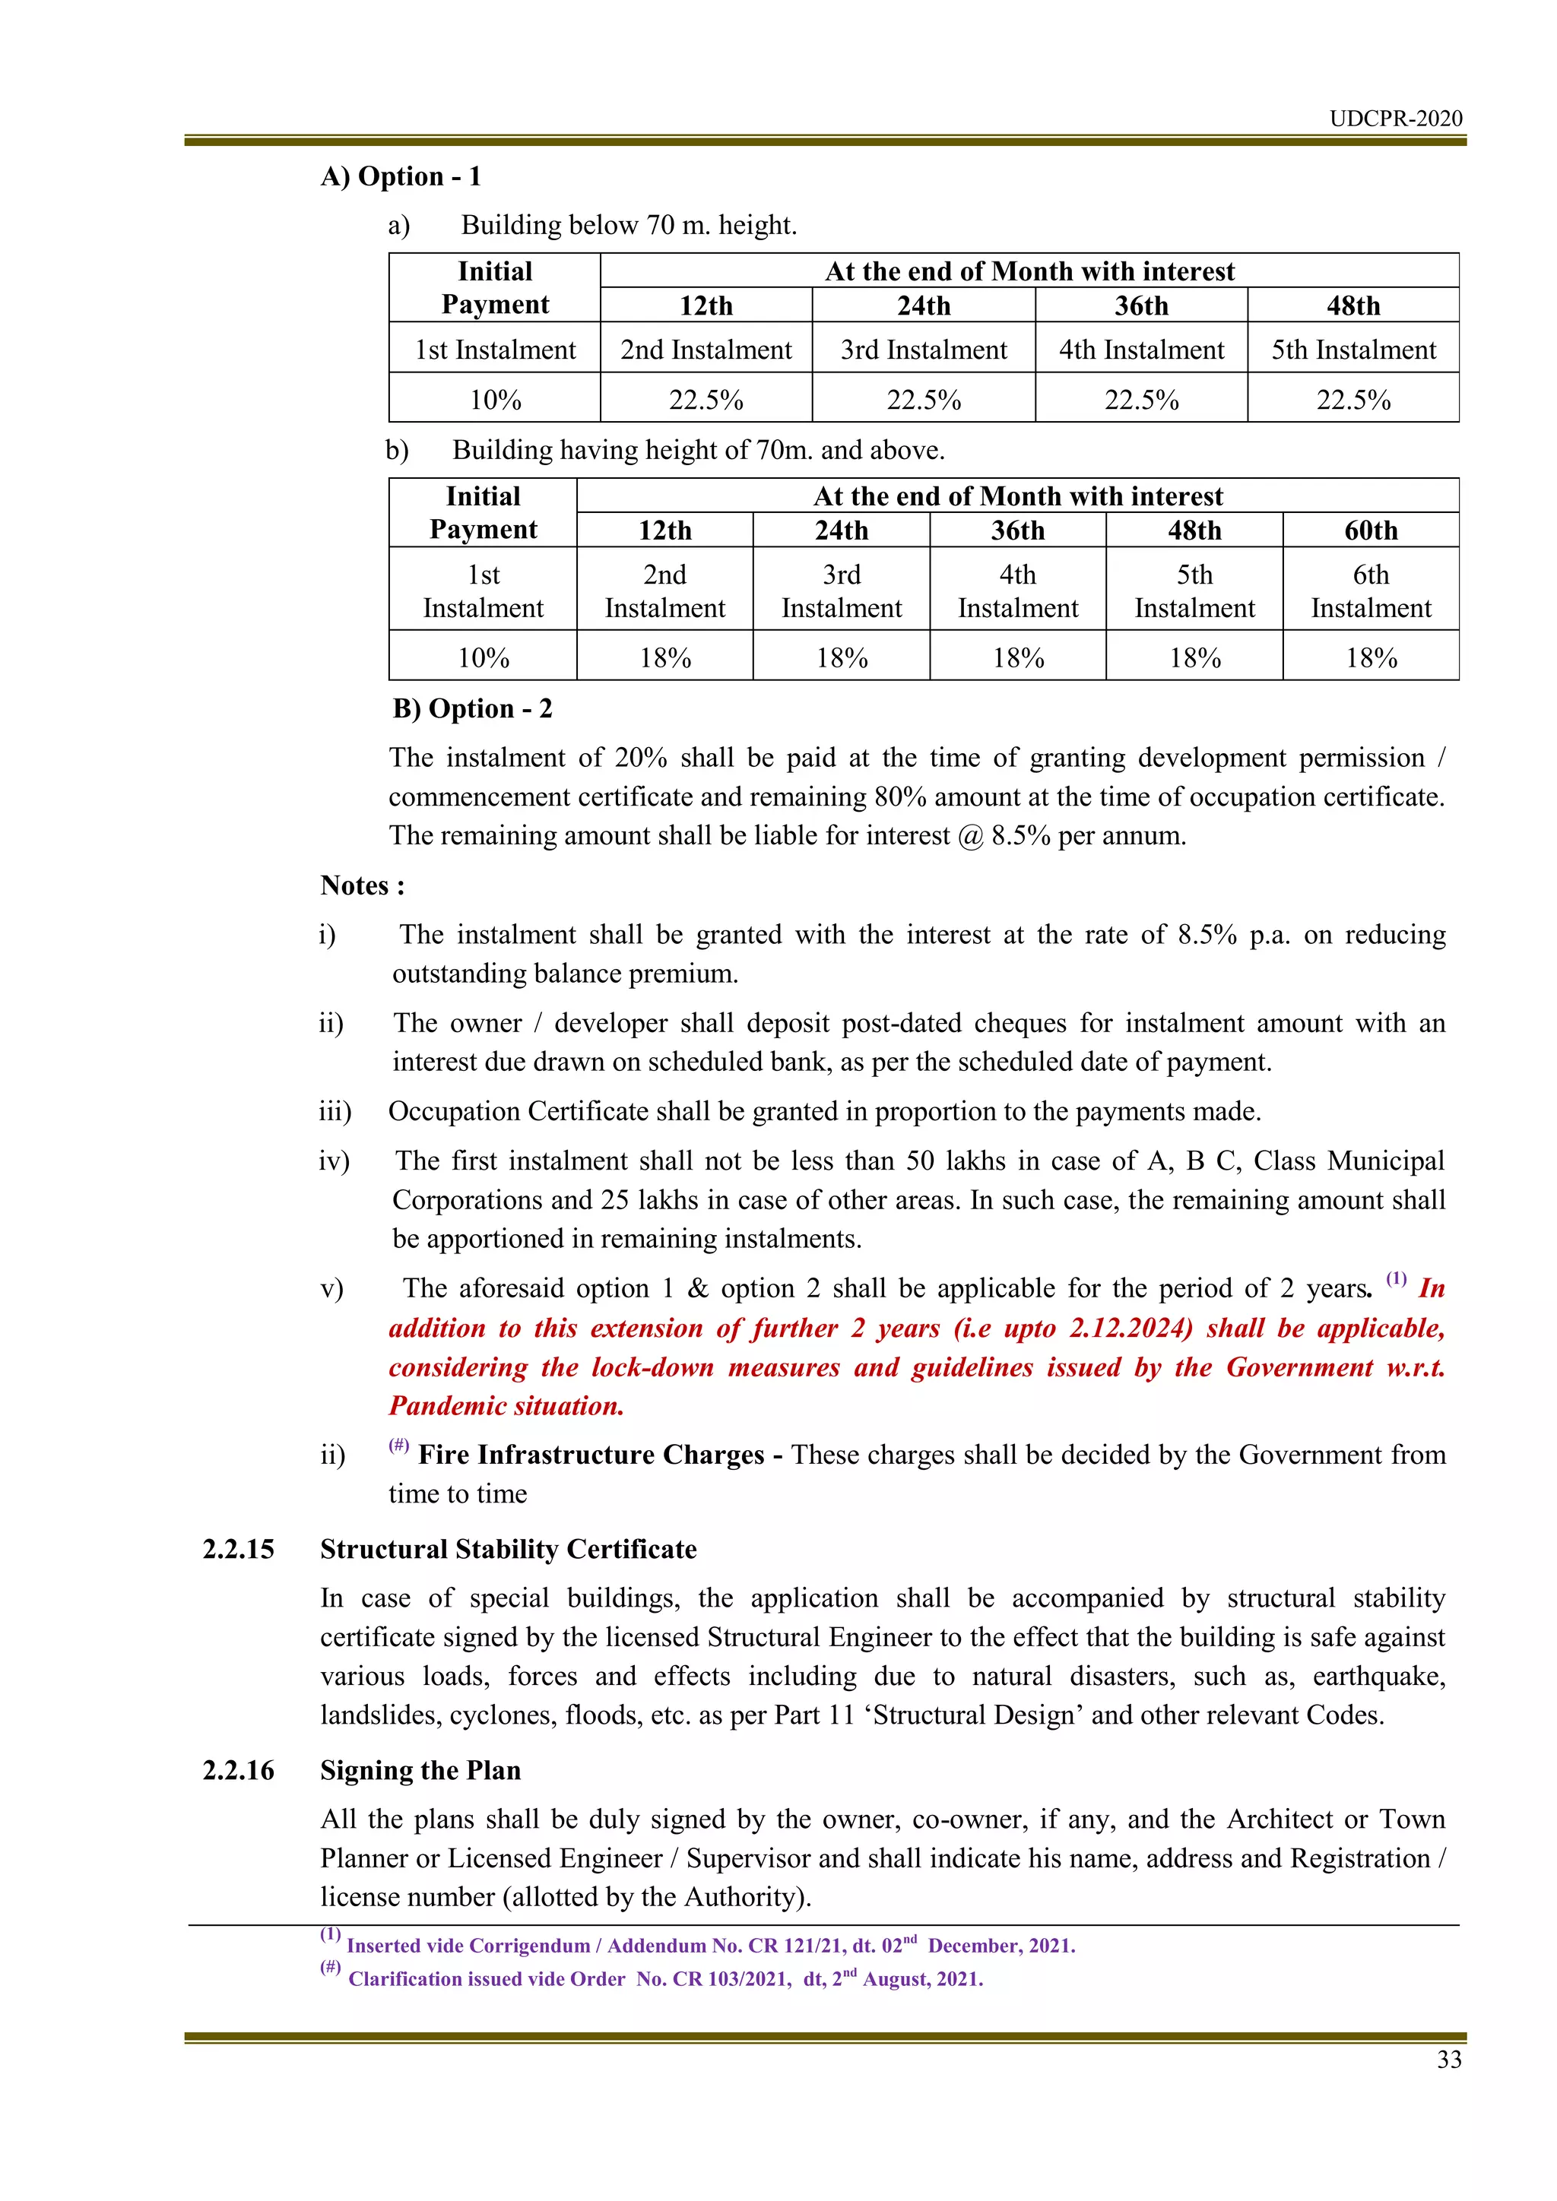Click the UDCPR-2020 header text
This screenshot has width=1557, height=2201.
(x=1395, y=119)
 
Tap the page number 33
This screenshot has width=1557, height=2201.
(x=1448, y=2059)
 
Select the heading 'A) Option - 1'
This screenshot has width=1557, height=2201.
(x=401, y=176)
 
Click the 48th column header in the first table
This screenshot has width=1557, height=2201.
(x=1352, y=306)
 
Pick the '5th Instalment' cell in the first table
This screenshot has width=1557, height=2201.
(x=1352, y=350)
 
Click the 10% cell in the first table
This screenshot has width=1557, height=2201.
(x=495, y=400)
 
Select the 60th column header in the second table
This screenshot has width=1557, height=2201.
(x=1370, y=530)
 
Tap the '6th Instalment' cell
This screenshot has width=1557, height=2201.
(x=1370, y=591)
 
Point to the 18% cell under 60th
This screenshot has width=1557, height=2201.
(x=1370, y=657)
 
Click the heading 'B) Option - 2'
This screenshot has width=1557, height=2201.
(x=473, y=708)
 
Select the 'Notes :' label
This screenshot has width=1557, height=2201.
(x=363, y=885)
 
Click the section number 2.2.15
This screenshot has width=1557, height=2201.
(x=238, y=1549)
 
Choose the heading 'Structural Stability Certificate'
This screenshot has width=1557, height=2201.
(x=508, y=1549)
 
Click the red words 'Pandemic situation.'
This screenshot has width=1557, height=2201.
(x=506, y=1406)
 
